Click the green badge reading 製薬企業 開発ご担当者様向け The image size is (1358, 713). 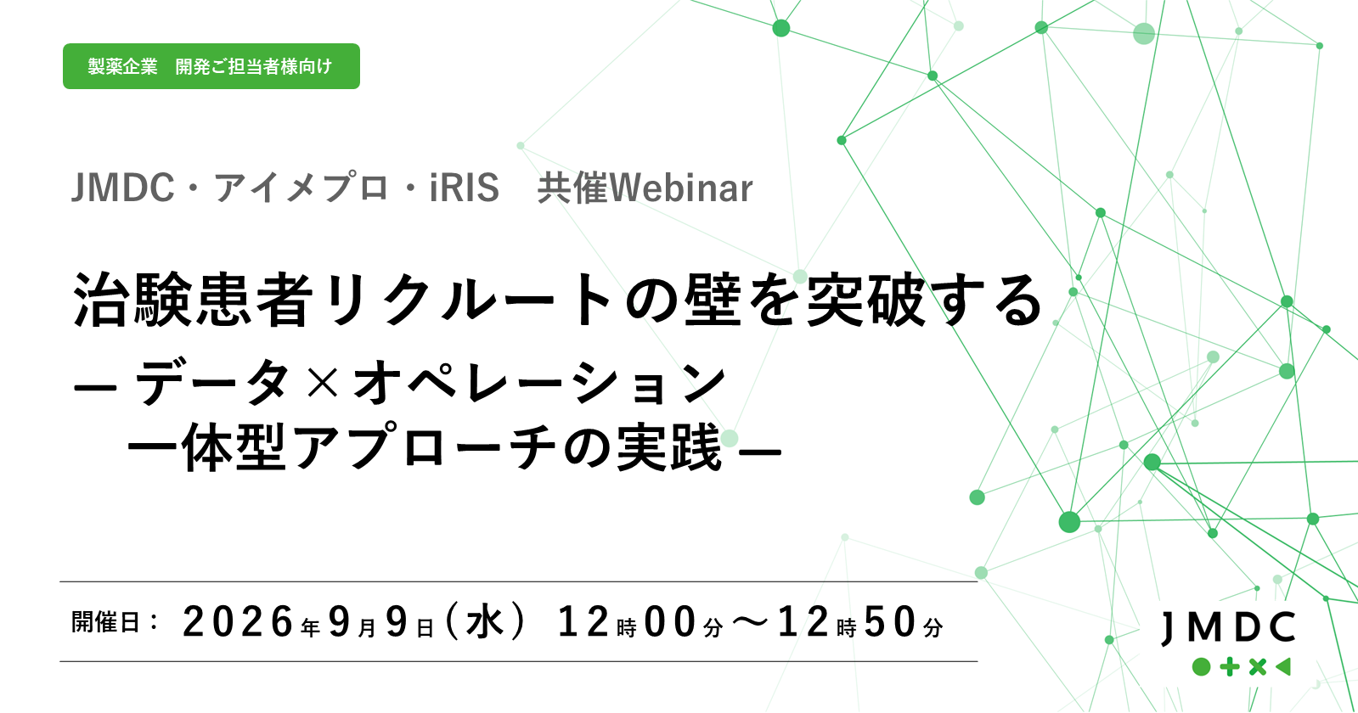click(x=211, y=66)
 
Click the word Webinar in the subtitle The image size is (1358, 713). click(x=681, y=188)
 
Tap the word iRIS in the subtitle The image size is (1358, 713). click(x=465, y=188)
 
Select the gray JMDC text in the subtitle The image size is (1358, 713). click(x=122, y=188)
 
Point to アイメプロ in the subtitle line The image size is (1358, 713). click(x=301, y=188)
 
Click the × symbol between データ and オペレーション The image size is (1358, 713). click(x=323, y=382)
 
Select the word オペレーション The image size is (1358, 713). click(x=539, y=382)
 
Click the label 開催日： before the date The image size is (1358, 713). click(x=115, y=622)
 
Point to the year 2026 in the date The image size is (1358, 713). click(x=239, y=622)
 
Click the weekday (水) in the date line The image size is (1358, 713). click(x=485, y=621)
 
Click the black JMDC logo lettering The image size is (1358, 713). click(x=1228, y=628)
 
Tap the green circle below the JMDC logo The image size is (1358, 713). click(x=1202, y=667)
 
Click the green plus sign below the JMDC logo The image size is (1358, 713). click(x=1230, y=667)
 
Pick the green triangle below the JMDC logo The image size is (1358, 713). click(x=1283, y=667)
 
